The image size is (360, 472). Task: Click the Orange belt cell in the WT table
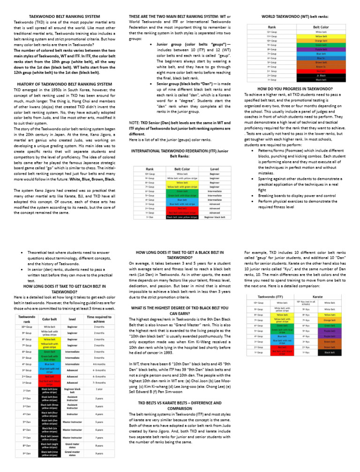pyautogui.click(x=321, y=40)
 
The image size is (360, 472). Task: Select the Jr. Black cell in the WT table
pyautogui.click(x=321, y=75)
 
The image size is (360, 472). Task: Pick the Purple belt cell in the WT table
pyautogui.click(x=321, y=49)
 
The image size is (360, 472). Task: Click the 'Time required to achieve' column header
pyautogui.click(x=99, y=320)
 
